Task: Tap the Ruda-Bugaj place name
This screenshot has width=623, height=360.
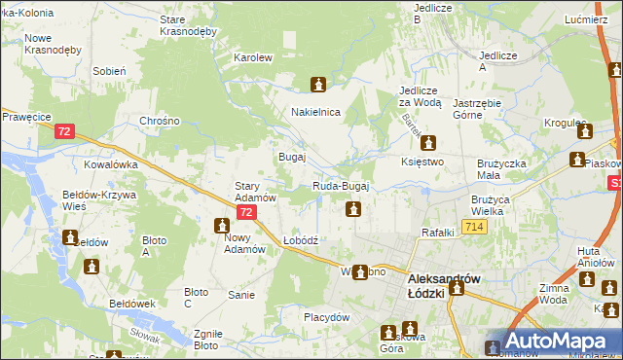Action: [x=341, y=186]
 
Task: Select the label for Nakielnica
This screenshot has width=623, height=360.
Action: [x=315, y=112]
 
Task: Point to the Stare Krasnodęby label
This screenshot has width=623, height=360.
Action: [x=188, y=24]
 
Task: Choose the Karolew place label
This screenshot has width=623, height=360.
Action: [x=252, y=57]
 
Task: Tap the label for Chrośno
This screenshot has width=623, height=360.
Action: [x=161, y=122]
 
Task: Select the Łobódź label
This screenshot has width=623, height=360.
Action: [x=301, y=239]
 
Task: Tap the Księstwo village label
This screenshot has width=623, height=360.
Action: [x=422, y=162]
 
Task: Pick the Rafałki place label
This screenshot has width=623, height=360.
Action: [x=438, y=232]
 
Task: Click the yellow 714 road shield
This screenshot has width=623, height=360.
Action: [x=474, y=227]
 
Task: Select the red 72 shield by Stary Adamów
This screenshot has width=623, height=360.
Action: [x=247, y=211]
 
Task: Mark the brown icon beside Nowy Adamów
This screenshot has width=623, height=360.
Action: [x=222, y=226]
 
